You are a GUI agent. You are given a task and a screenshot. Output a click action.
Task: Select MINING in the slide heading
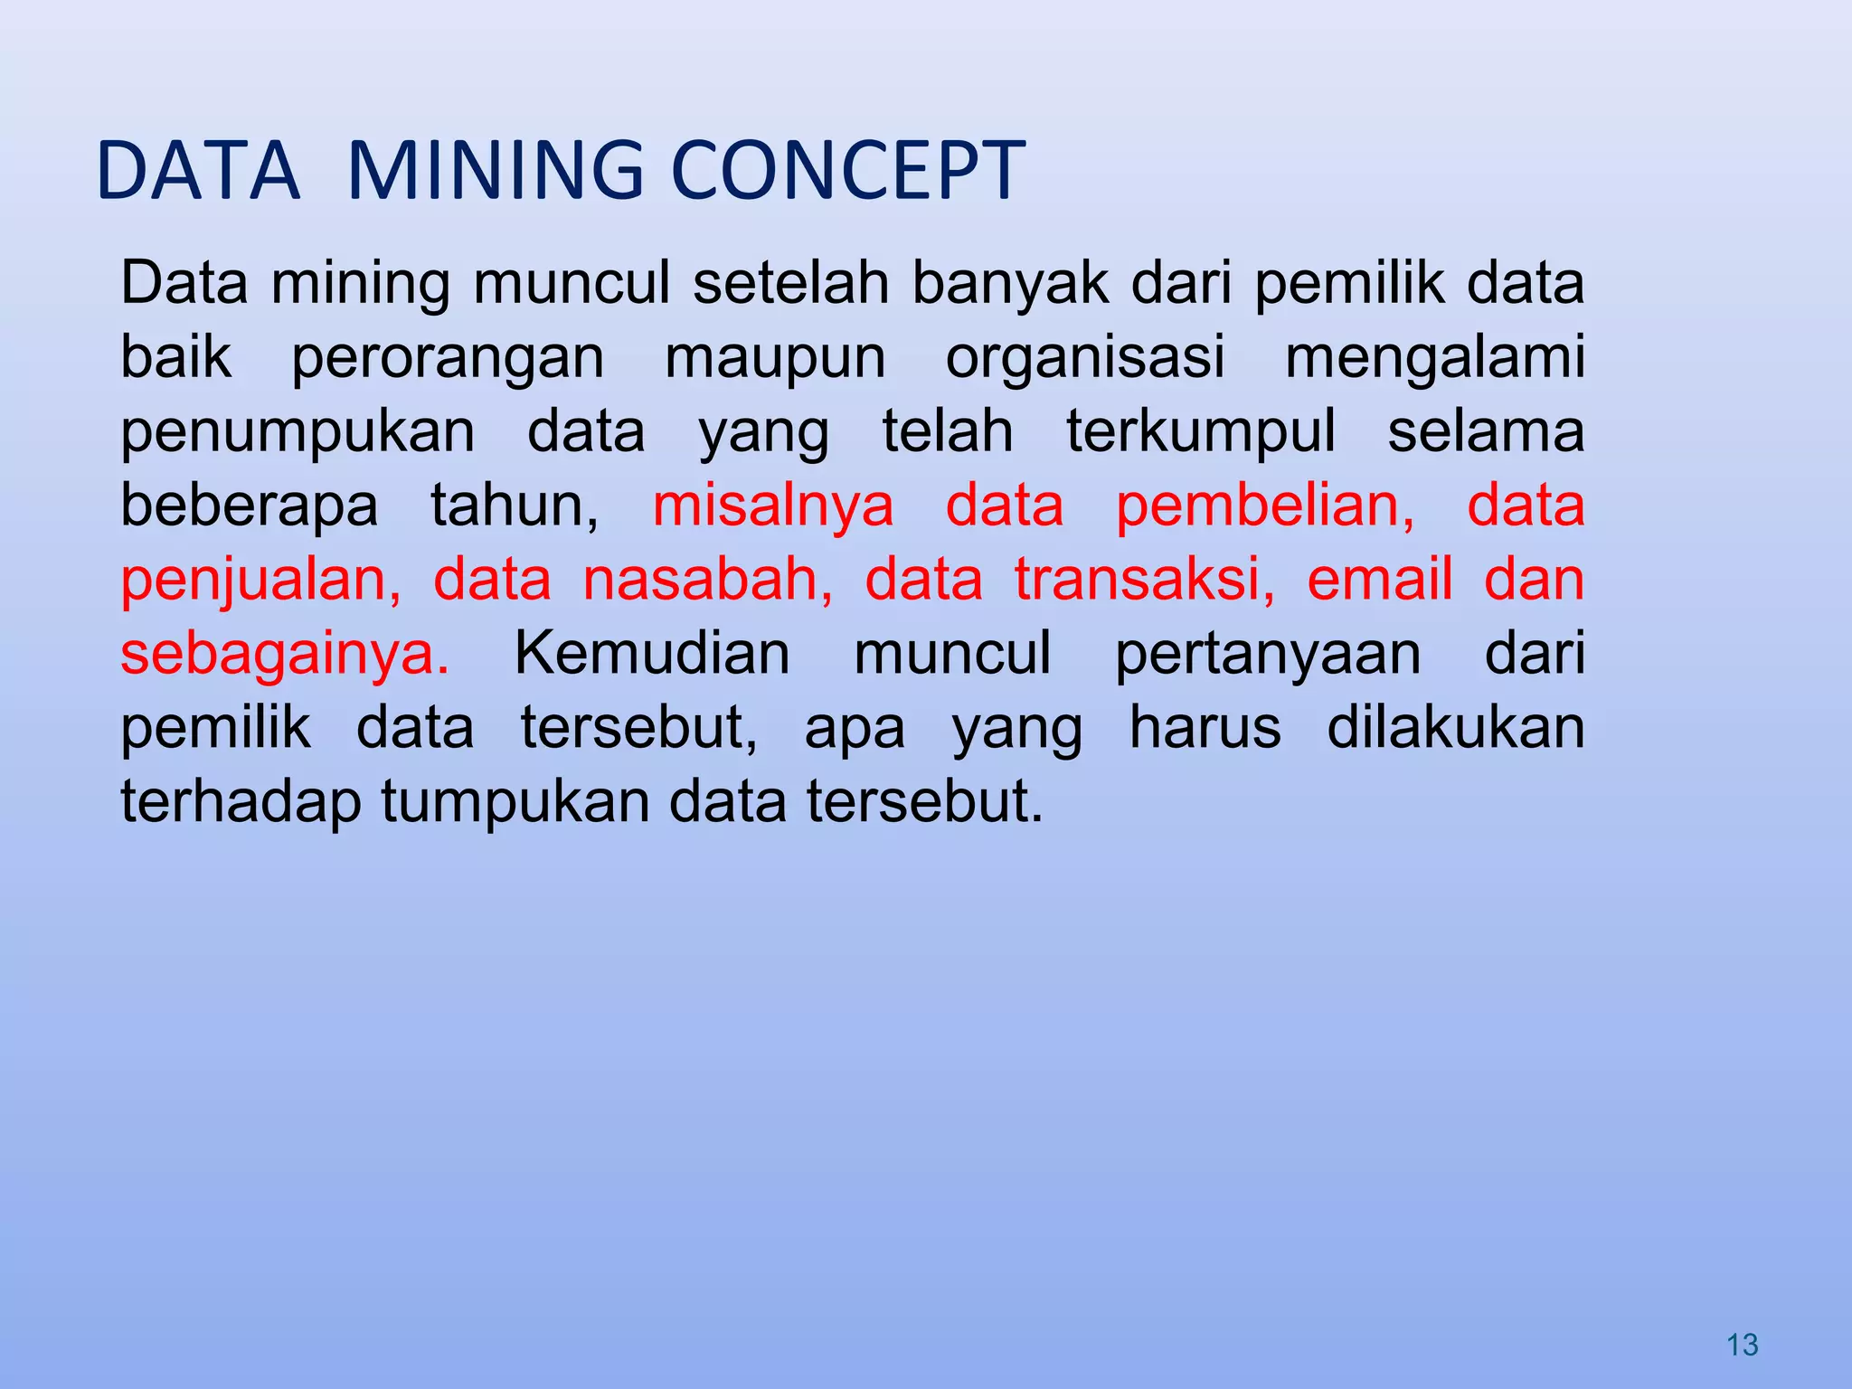pyautogui.click(x=496, y=170)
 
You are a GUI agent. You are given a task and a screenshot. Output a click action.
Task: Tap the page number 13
pyautogui.click(x=1742, y=1346)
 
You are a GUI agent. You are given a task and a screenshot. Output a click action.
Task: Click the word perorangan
pyautogui.click(x=448, y=358)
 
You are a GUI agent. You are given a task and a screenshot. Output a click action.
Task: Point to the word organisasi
pyautogui.click(x=1085, y=356)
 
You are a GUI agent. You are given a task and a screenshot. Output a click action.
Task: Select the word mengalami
pyautogui.click(x=1435, y=358)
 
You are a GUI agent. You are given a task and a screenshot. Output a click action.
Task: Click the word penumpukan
pyautogui.click(x=298, y=432)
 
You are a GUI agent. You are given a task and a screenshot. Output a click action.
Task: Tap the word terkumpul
pyautogui.click(x=1200, y=432)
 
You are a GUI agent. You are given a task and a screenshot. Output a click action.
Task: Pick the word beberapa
pyautogui.click(x=250, y=506)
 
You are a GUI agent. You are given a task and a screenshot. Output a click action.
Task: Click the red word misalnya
pyautogui.click(x=773, y=506)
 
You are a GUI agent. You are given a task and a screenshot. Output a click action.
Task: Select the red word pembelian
pyautogui.click(x=1265, y=506)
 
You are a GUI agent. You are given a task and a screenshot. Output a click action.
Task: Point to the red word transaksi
pyautogui.click(x=1144, y=580)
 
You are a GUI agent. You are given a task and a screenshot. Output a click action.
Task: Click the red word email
pyautogui.click(x=1380, y=580)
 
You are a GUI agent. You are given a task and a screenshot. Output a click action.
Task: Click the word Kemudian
pyautogui.click(x=652, y=654)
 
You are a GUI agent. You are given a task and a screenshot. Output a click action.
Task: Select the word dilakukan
pyautogui.click(x=1456, y=728)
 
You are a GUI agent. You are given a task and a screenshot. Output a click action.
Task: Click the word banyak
pyautogui.click(x=1010, y=284)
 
